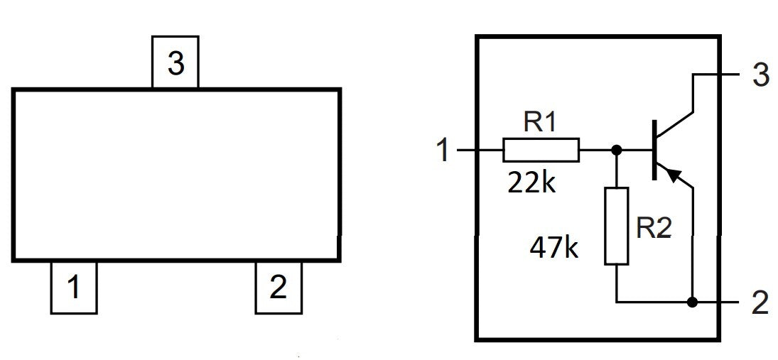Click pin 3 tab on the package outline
point(175,62)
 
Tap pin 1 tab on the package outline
point(74,287)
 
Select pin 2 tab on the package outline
point(279,287)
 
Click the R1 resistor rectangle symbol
point(541,150)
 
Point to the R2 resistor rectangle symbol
point(616,226)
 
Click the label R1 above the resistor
point(540,121)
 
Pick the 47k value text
point(554,247)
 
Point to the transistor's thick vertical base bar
point(654,150)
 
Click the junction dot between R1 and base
point(616,150)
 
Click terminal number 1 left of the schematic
point(443,151)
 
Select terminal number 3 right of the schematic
point(761,76)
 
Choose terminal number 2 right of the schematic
point(761,302)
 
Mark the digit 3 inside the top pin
point(175,63)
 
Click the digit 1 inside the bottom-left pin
point(73,288)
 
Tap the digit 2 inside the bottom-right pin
point(278,288)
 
